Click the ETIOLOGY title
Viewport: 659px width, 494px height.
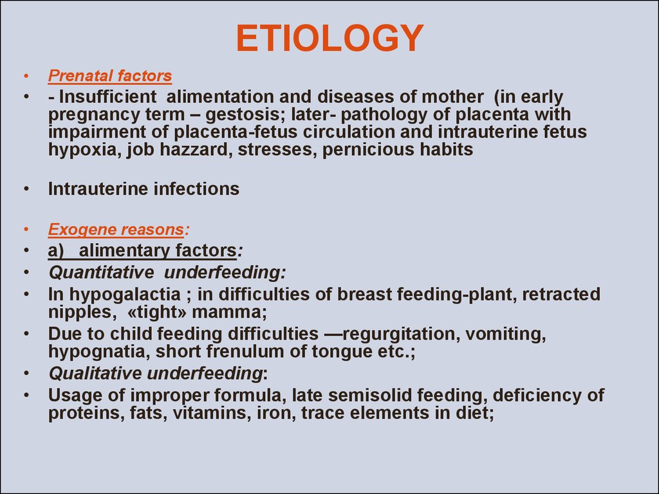(x=329, y=38)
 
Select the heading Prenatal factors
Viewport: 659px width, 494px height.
(x=109, y=76)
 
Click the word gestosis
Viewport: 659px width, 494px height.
(x=245, y=114)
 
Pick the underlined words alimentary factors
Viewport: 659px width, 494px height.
(x=158, y=250)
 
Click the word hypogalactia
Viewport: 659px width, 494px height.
(x=125, y=295)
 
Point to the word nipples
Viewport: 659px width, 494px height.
(x=80, y=313)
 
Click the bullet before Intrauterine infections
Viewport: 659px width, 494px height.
(x=26, y=189)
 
